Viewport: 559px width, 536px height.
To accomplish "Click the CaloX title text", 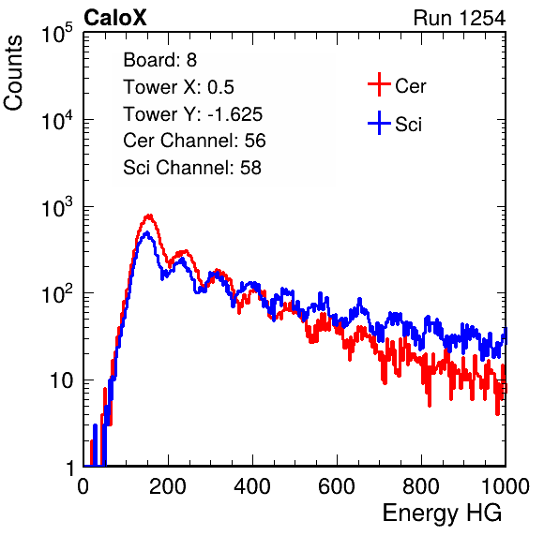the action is tap(114, 18).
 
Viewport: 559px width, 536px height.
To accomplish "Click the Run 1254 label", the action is tap(460, 18).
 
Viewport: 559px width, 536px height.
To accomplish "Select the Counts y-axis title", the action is tap(13, 73).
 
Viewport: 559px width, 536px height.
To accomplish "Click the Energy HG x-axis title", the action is tap(442, 514).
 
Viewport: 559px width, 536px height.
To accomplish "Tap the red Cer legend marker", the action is tap(379, 84).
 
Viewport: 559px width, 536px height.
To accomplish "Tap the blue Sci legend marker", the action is tap(379, 123).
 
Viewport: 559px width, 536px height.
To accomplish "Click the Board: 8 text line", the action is tap(159, 60).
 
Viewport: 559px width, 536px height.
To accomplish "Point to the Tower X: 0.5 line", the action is tap(178, 87).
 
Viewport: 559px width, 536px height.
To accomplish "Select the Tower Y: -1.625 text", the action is tap(192, 114).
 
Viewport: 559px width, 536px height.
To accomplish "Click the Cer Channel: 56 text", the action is tap(194, 141).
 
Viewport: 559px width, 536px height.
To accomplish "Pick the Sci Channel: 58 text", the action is tap(192, 168).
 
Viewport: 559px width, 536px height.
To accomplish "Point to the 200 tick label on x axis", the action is tap(168, 486).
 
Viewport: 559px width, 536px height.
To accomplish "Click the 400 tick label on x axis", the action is tap(252, 486).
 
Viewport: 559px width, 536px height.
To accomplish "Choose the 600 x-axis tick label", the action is tap(337, 486).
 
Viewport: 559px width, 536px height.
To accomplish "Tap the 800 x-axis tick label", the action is tap(421, 486).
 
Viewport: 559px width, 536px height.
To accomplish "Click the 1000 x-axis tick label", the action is tap(506, 486).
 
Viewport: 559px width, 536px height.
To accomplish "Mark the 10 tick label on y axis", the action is tap(61, 380).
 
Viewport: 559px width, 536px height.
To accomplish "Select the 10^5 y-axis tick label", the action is tap(56, 33).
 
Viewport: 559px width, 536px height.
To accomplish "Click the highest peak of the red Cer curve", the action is tap(149, 216).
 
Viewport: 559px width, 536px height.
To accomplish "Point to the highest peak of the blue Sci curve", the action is tap(147, 233).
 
